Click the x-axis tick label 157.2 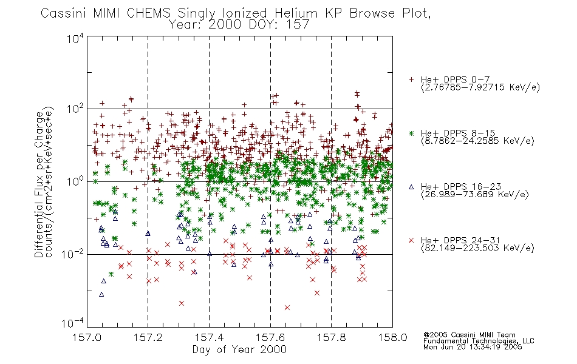point(148,337)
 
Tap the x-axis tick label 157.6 point(270,337)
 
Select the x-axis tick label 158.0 point(392,337)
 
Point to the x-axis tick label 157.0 point(87,337)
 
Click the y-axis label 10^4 point(75,39)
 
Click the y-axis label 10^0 point(75,181)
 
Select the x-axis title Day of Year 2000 point(239,349)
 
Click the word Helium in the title point(296,13)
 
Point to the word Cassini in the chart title point(63,13)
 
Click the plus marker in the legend point(411,79)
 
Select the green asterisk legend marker point(411,133)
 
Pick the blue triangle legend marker point(411,187)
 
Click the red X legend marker point(411,240)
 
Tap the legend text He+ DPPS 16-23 point(461,187)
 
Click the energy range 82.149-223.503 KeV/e point(477,248)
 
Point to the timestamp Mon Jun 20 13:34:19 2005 point(473,347)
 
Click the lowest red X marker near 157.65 point(287,308)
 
